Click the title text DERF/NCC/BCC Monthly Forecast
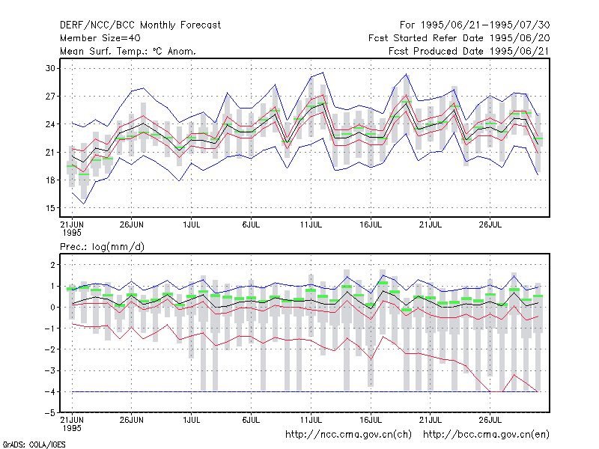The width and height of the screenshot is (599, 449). pyautogui.click(x=140, y=25)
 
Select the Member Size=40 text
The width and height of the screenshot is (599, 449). pyautogui.click(x=100, y=38)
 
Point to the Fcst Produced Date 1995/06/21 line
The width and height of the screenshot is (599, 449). pyautogui.click(x=469, y=51)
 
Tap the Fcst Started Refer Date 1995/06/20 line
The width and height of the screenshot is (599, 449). pyautogui.click(x=459, y=38)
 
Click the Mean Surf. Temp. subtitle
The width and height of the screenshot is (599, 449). pyautogui.click(x=128, y=51)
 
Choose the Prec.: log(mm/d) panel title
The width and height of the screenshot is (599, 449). pyautogui.click(x=102, y=247)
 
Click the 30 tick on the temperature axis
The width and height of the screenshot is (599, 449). pyautogui.click(x=50, y=68)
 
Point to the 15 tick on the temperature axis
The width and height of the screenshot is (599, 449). pyautogui.click(x=50, y=208)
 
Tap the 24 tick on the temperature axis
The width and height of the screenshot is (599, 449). pyautogui.click(x=50, y=124)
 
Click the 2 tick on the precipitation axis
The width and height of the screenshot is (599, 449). pyautogui.click(x=52, y=265)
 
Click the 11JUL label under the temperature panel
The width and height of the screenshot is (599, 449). pyautogui.click(x=311, y=224)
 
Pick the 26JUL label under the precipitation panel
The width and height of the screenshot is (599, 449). pyautogui.click(x=490, y=420)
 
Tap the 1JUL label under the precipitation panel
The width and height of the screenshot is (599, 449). pyautogui.click(x=192, y=420)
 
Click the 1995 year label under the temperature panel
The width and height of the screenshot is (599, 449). pyautogui.click(x=72, y=233)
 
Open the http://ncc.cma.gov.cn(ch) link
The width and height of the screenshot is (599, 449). pyautogui.click(x=348, y=435)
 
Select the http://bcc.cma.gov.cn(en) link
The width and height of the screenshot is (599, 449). pyautogui.click(x=486, y=435)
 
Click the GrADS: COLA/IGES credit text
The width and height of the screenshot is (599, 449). pyautogui.click(x=34, y=445)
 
